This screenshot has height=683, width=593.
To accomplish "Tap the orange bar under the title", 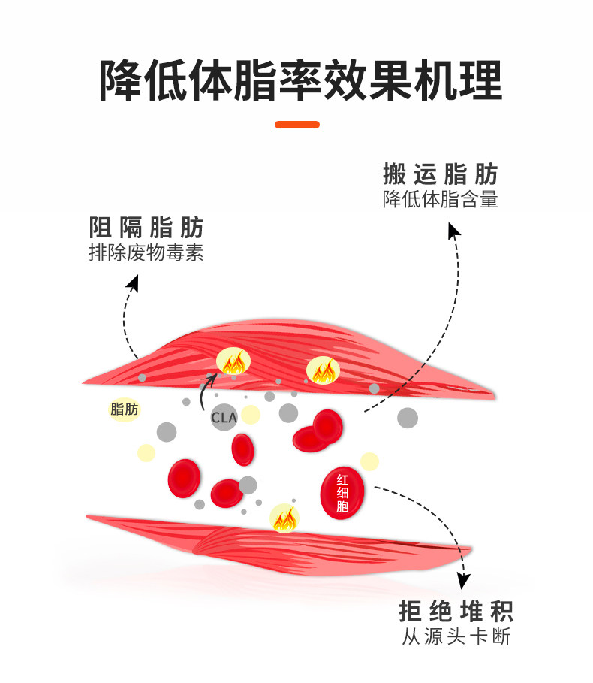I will coord(297,125).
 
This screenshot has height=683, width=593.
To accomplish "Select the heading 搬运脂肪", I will coord(441,175).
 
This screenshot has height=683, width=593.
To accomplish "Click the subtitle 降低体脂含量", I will coord(441,201).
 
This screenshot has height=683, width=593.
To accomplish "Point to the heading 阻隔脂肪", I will coord(146,227).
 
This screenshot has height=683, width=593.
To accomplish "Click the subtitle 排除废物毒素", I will coord(146,253).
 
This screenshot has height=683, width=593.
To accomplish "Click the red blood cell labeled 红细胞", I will coord(342,493).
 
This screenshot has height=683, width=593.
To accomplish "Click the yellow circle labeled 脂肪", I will coord(124,409).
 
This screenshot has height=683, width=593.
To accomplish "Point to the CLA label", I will coord(224,418).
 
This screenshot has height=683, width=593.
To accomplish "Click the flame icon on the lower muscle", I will coord(284,518).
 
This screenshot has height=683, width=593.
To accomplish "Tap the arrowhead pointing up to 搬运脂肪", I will coord(453,230).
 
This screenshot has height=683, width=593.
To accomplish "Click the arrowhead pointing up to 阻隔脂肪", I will coord(134,282).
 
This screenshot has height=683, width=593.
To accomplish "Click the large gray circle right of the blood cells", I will coord(408,418).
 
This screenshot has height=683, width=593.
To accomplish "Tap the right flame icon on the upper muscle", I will coord(324,368).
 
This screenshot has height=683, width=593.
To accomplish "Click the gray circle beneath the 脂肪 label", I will coord(166,432).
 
